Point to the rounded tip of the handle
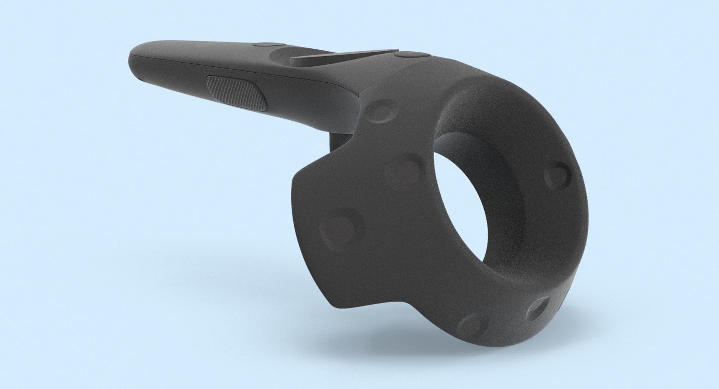pos(133,60)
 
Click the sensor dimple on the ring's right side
pos(558,175)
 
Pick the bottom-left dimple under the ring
pos(473,325)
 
